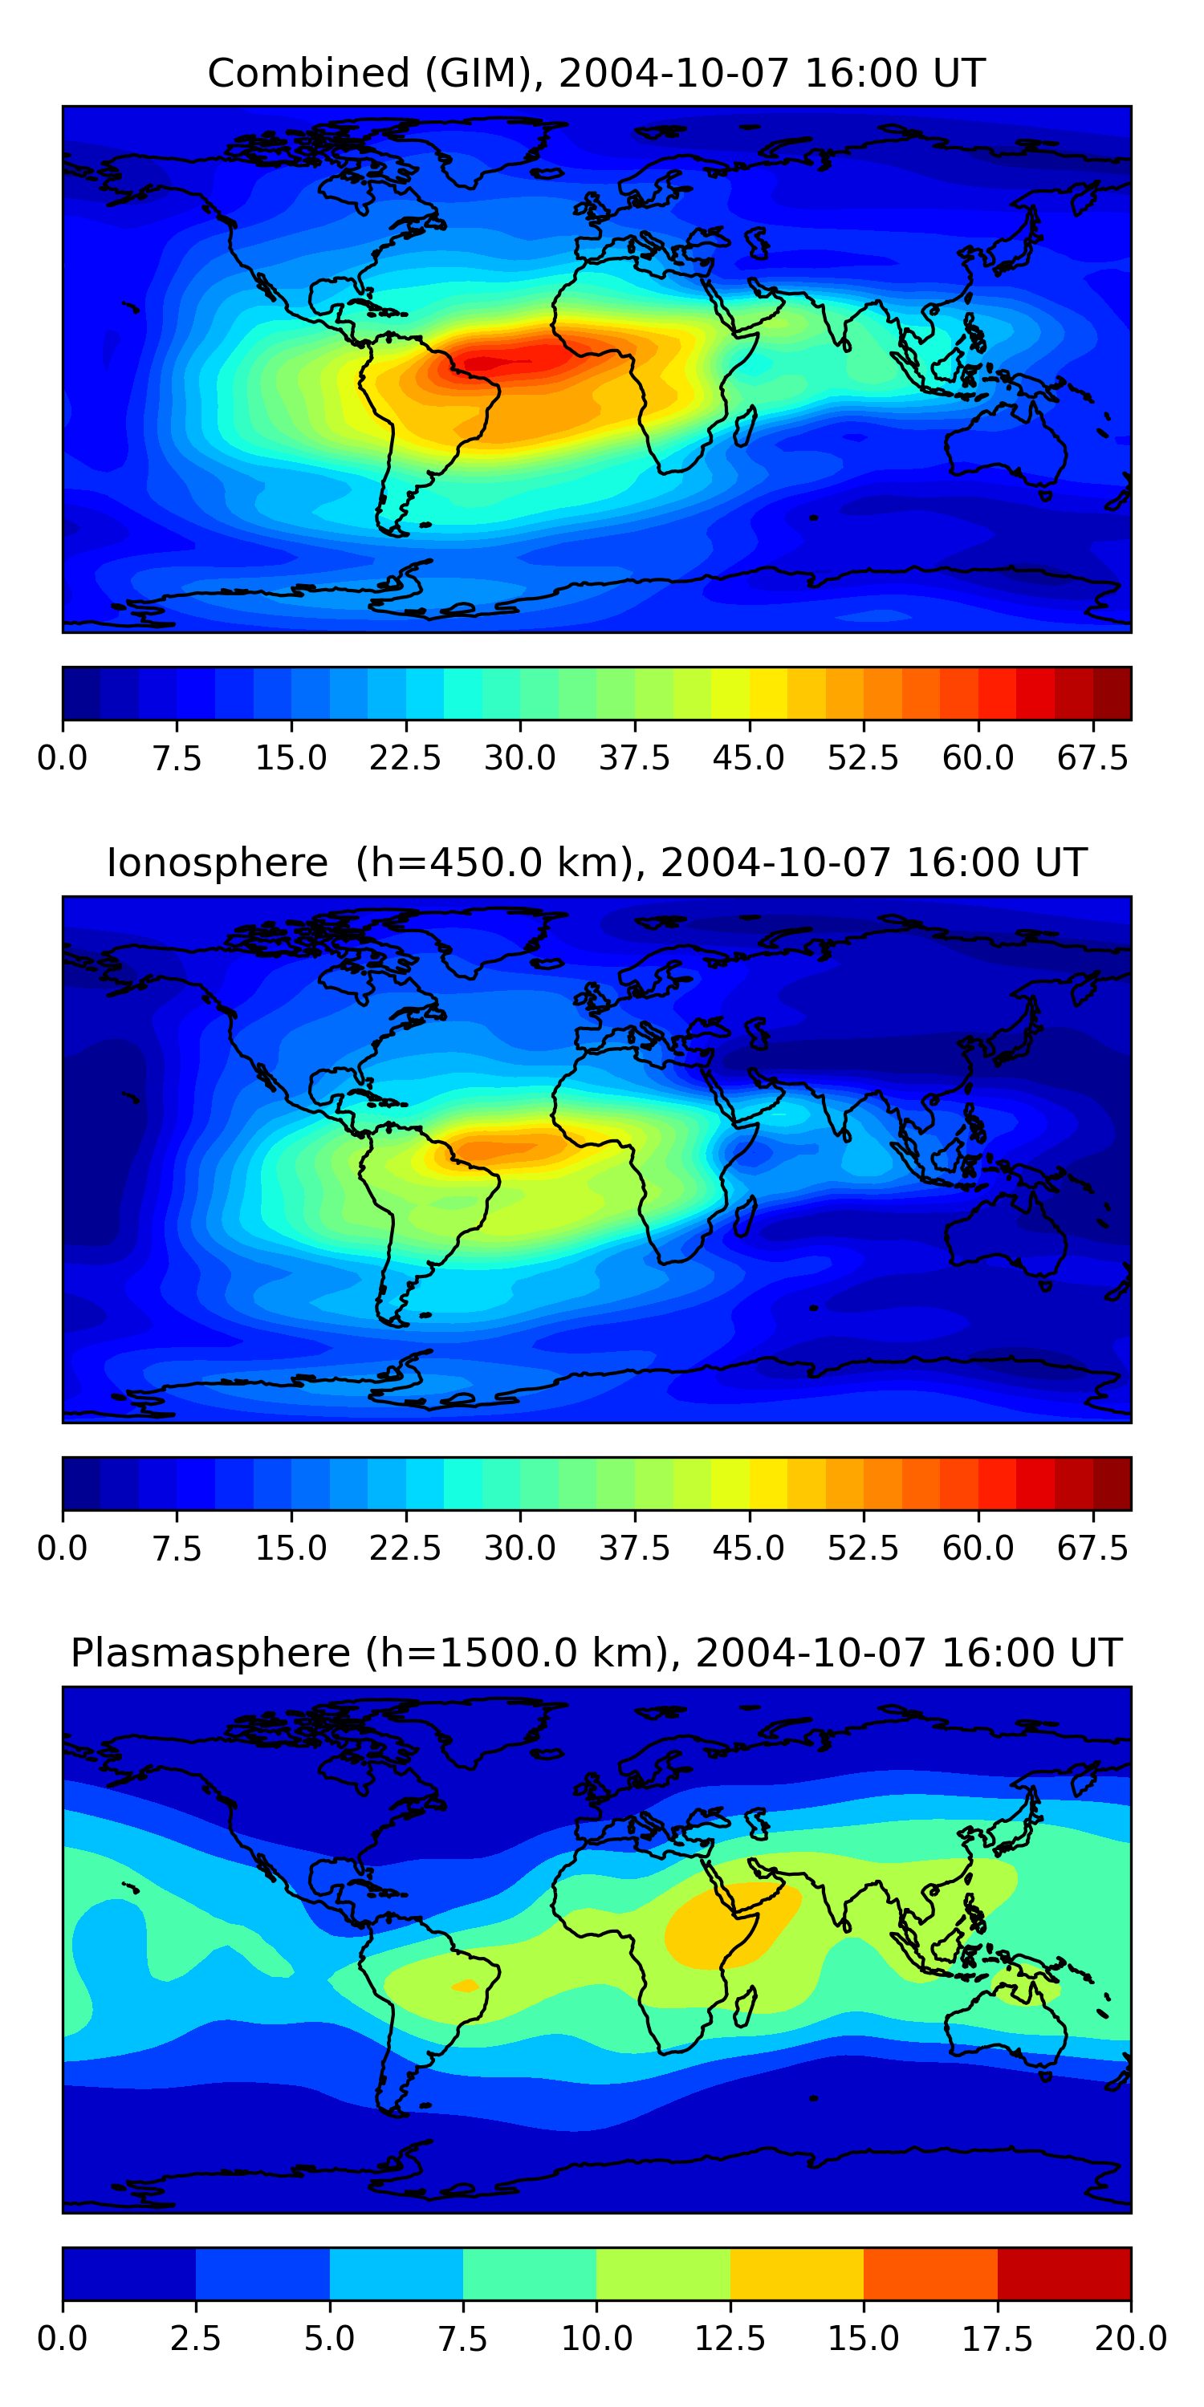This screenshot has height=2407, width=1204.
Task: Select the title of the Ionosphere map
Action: (x=596, y=863)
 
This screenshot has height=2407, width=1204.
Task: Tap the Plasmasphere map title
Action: (x=596, y=1653)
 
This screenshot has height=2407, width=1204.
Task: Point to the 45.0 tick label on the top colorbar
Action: (x=749, y=757)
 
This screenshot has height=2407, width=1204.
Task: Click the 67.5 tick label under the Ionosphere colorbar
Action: (x=1092, y=1548)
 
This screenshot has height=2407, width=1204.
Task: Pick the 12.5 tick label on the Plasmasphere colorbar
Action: (x=730, y=2338)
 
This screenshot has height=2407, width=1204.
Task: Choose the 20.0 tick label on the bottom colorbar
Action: (x=1130, y=2338)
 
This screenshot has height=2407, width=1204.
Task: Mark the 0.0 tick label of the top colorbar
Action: (x=63, y=757)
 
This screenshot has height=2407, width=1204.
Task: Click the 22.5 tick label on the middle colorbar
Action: (x=405, y=1548)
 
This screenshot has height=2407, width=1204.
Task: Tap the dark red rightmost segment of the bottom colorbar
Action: (x=1064, y=2273)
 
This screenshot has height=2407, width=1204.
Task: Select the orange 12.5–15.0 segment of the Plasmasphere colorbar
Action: (x=796, y=2273)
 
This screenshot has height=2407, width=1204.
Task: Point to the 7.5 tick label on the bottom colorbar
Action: (x=462, y=2338)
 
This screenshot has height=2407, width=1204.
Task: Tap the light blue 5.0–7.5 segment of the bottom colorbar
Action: (x=397, y=2273)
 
